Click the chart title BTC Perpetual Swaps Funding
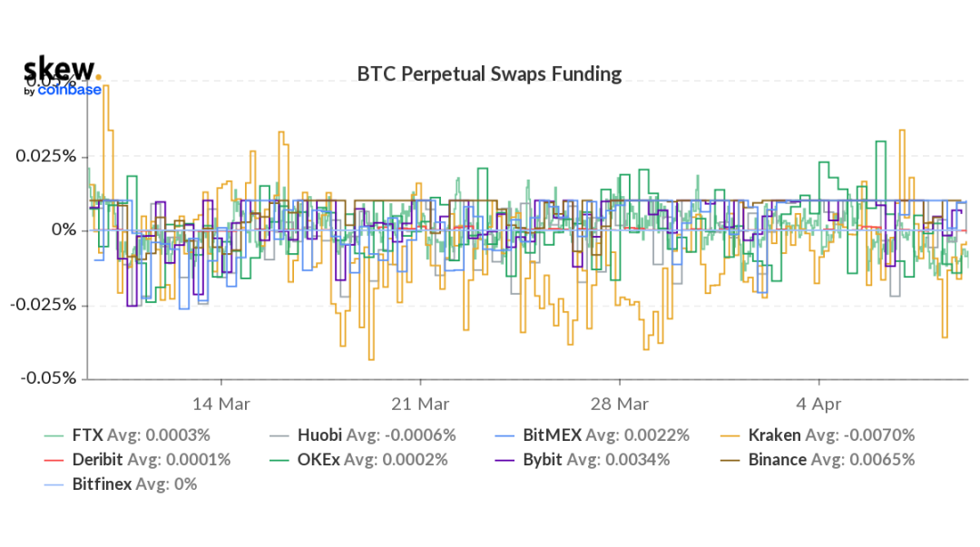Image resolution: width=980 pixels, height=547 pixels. click(x=490, y=74)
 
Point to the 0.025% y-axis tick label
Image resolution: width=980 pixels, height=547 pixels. click(x=44, y=156)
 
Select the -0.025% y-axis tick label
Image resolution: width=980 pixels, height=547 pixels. click(x=42, y=305)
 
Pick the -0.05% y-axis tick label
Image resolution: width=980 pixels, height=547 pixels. click(x=46, y=378)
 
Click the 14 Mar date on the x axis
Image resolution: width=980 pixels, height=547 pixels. click(x=221, y=403)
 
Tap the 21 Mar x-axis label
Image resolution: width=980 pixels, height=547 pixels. click(x=420, y=403)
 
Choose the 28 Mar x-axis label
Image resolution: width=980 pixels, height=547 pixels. click(x=620, y=403)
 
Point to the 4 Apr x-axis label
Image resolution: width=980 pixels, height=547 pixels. click(x=818, y=403)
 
